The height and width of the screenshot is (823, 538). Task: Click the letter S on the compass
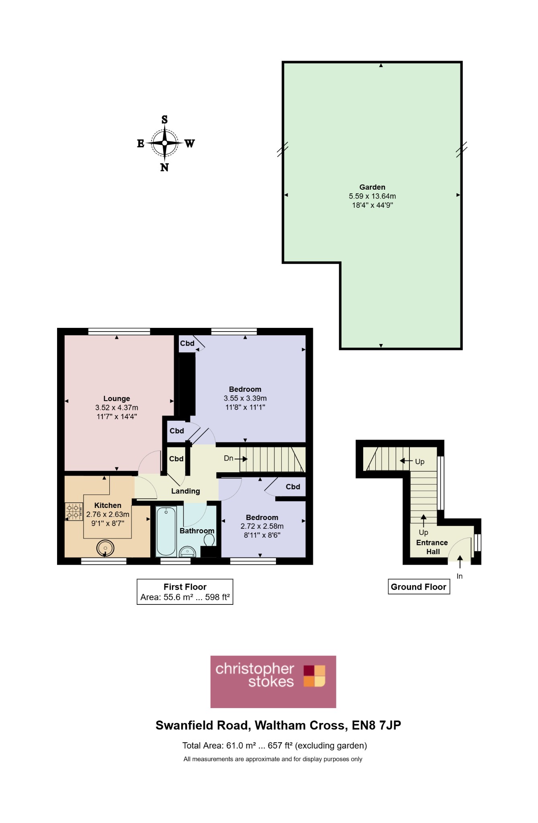click(165, 119)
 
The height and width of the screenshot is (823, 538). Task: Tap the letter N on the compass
click(164, 168)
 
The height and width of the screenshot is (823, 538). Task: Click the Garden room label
click(372, 187)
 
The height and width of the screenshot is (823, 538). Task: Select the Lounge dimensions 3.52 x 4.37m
click(117, 407)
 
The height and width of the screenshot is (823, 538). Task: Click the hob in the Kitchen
click(74, 512)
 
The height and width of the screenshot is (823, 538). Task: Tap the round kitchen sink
click(105, 548)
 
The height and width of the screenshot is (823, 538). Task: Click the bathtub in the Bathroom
click(166, 531)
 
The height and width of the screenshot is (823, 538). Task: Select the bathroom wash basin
click(187, 551)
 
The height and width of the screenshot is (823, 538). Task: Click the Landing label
click(185, 491)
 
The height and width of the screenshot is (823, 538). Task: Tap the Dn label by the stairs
click(229, 458)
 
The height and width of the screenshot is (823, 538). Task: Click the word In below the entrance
click(460, 576)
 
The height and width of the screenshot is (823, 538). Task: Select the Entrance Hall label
click(432, 547)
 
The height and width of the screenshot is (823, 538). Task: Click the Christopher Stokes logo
click(273, 682)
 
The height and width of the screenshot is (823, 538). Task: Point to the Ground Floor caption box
click(419, 587)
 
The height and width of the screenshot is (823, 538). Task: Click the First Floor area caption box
click(185, 592)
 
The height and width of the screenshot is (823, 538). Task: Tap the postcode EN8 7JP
click(376, 725)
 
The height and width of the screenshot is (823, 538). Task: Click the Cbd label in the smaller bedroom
click(293, 487)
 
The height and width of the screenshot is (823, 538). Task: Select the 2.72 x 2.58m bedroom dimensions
click(262, 526)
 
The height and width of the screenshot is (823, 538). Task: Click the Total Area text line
click(274, 746)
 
